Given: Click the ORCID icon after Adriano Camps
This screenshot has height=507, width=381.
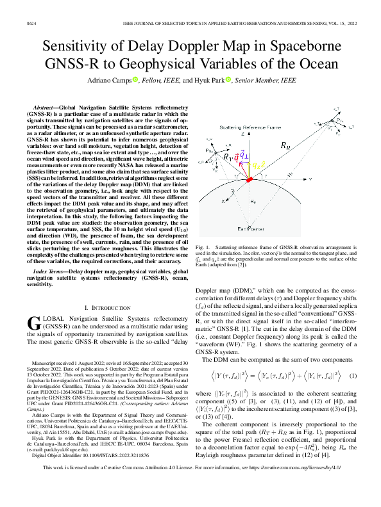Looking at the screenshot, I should [x=135, y=80].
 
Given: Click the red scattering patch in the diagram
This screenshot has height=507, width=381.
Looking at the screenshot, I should [x=248, y=165].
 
